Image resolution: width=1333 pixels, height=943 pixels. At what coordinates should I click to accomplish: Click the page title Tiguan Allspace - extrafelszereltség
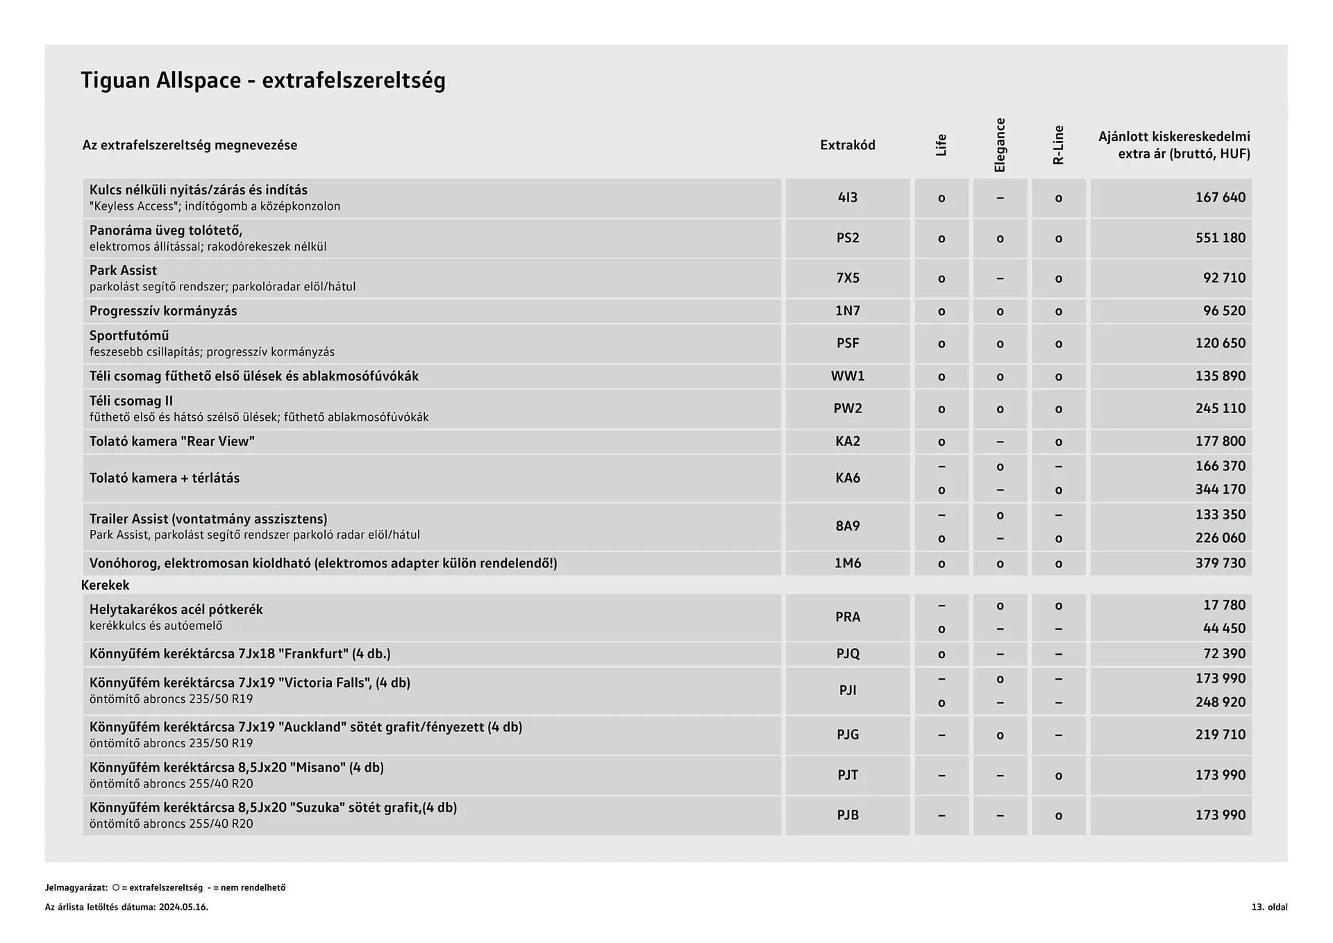tap(263, 81)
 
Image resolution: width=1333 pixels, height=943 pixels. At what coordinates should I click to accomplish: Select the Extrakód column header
tap(847, 145)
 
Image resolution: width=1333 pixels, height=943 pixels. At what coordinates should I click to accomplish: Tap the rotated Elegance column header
tap(1000, 145)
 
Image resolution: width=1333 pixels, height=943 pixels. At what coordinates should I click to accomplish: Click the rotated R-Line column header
tap(1058, 145)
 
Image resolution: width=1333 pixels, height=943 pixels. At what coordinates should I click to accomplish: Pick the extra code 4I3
tap(847, 198)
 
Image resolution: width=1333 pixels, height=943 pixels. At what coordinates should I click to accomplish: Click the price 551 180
tap(1220, 238)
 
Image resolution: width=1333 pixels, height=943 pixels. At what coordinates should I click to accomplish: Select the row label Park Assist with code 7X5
tap(123, 271)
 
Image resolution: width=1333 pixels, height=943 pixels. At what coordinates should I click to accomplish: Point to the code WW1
tap(847, 376)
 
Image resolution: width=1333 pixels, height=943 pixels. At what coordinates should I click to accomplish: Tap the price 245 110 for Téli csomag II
tap(1220, 409)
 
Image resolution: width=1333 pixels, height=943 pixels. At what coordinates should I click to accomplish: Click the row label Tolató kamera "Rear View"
tap(171, 442)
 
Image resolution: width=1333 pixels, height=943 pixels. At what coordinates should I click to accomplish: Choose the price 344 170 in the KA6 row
tap(1220, 490)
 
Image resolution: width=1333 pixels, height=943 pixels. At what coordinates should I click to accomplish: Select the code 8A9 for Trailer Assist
tap(847, 526)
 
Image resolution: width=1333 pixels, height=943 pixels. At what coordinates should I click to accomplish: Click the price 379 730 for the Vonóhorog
tap(1220, 563)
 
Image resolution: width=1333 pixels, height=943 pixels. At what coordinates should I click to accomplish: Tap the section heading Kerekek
tap(105, 585)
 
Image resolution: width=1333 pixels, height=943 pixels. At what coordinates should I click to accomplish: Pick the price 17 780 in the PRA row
tap(1224, 606)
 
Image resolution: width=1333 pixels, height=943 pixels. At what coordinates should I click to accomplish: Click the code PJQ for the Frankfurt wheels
tap(847, 654)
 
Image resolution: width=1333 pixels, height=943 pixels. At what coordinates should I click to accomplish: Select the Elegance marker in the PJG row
tap(1000, 735)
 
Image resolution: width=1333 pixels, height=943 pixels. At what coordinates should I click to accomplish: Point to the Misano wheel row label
tap(236, 768)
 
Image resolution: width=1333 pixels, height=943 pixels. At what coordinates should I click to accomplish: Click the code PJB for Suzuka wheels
tap(847, 815)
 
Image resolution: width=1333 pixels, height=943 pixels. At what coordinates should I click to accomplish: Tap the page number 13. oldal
tap(1269, 908)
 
